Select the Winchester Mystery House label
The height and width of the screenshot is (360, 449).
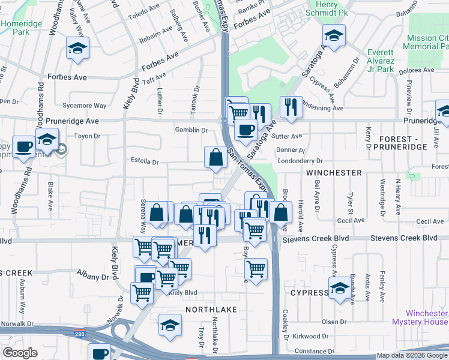[x=426, y=317]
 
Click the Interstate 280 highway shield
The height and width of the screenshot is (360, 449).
[x=88, y=332]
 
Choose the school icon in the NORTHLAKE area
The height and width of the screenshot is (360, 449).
[x=170, y=325]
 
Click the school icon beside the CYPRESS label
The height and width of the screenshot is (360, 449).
[x=340, y=287]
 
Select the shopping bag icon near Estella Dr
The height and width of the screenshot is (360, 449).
[x=215, y=157]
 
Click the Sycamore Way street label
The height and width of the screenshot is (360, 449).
[x=85, y=106]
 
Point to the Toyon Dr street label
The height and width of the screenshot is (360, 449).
[x=87, y=136]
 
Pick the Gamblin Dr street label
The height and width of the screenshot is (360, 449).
[x=191, y=130]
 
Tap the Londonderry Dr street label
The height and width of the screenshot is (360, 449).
[x=300, y=161]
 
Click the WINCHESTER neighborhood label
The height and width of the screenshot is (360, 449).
[x=334, y=173]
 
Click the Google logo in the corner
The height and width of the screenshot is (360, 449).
[x=20, y=353]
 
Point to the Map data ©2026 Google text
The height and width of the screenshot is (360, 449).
[x=412, y=355]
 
